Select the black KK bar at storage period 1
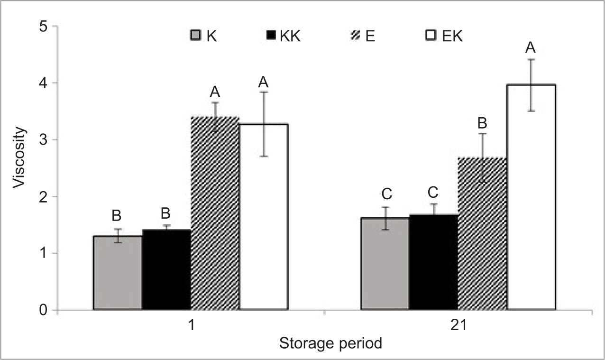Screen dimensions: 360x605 (166, 270)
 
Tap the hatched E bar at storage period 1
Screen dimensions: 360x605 (215, 213)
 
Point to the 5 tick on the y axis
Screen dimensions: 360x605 (44, 27)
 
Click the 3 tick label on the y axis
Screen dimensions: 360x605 (44, 140)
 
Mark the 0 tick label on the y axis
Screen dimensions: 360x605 (44, 310)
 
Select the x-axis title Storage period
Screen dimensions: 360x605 (330, 343)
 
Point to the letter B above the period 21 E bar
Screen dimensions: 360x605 (482, 123)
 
